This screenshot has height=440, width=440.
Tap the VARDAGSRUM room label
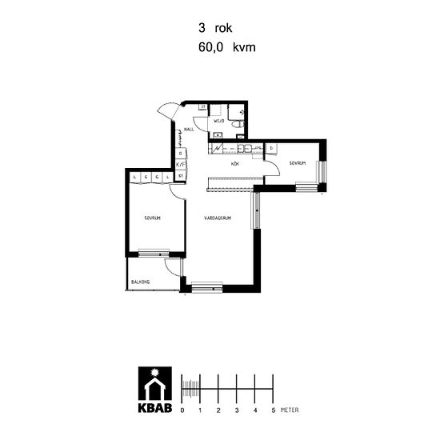click(x=217, y=218)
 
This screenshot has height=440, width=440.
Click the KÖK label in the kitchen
click(x=235, y=164)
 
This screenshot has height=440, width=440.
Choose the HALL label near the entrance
click(x=190, y=129)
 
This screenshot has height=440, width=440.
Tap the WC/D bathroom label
click(x=219, y=121)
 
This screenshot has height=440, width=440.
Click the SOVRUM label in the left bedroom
click(x=153, y=218)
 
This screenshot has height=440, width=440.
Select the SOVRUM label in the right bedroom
click(x=299, y=162)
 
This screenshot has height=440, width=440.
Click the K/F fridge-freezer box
click(x=181, y=164)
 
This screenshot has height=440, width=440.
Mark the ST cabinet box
click(x=181, y=175)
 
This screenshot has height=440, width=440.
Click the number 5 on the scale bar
click(x=273, y=409)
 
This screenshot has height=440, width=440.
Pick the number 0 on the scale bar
click(x=182, y=409)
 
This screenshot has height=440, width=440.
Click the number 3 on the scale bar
click(x=237, y=409)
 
